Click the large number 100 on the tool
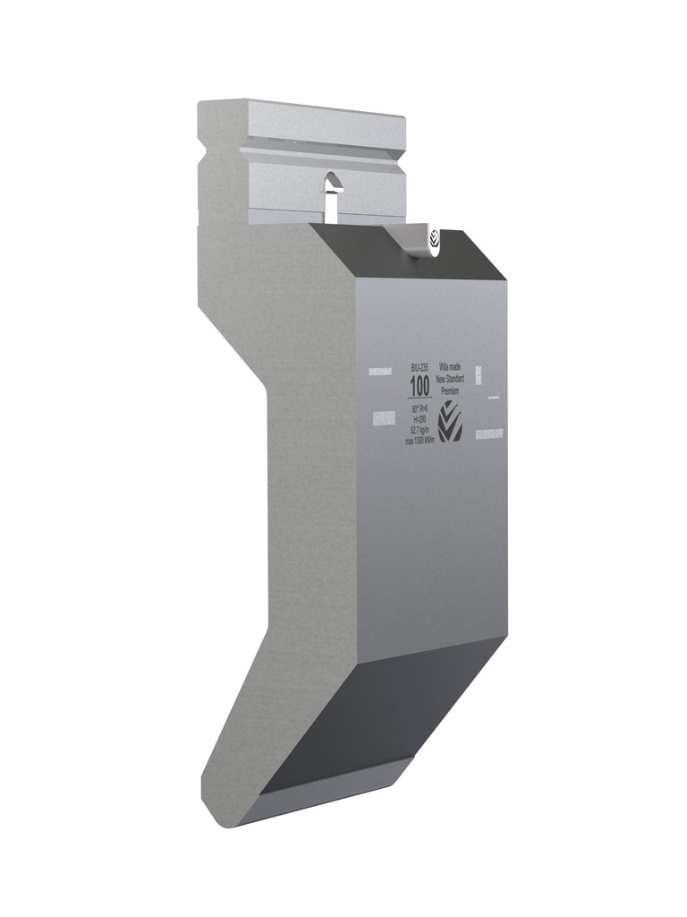(x=418, y=387)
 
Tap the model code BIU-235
(x=420, y=368)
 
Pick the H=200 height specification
(x=418, y=419)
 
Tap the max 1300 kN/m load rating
(x=419, y=441)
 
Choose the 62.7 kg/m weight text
(x=418, y=430)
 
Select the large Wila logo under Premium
(x=450, y=422)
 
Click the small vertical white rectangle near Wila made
(x=479, y=373)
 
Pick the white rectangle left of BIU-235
(x=380, y=368)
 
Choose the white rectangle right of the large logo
(x=489, y=433)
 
